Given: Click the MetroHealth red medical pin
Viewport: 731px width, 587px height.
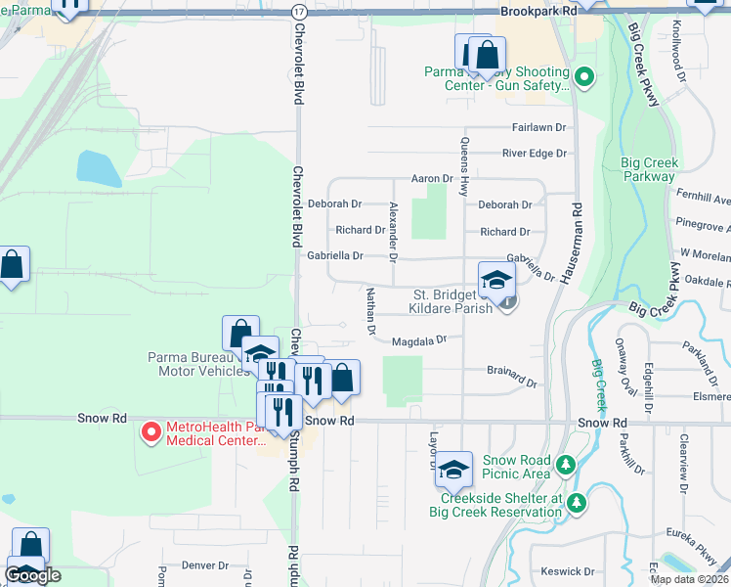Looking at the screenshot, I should [x=151, y=430].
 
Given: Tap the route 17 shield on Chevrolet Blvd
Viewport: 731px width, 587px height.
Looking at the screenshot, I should [x=298, y=10].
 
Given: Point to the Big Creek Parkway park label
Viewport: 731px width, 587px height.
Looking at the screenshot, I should [x=649, y=169].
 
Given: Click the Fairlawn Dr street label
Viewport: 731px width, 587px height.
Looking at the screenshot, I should [x=538, y=128].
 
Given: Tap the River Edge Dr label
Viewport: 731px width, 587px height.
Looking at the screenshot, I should [x=535, y=154].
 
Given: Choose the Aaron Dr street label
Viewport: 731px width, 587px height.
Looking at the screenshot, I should [x=432, y=179].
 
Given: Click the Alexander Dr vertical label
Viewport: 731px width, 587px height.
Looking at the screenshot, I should [x=393, y=232].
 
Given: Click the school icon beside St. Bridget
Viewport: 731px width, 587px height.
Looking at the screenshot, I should [x=496, y=280].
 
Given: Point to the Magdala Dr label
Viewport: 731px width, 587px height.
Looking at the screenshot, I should [x=418, y=342].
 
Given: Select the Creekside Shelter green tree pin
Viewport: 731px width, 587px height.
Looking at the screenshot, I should [x=578, y=502].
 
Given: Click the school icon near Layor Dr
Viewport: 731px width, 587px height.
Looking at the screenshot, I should [x=454, y=470].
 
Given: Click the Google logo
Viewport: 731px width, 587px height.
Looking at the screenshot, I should [x=32, y=576].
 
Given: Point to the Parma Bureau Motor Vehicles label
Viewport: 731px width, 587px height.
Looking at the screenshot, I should [x=199, y=364].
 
